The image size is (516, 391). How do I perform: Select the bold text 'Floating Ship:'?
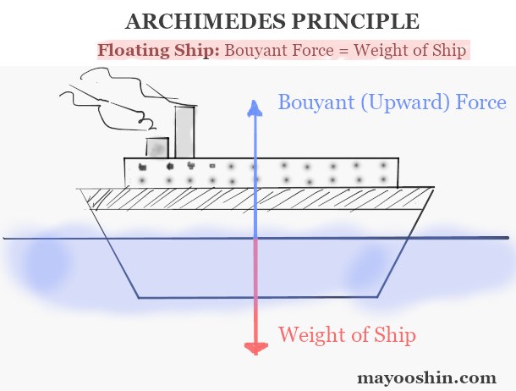(x=158, y=50)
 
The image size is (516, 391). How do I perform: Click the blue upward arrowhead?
(x=252, y=106)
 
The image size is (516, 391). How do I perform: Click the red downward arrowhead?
(x=252, y=347)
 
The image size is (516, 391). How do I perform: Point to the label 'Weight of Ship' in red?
(x=347, y=334)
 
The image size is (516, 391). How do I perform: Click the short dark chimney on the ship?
(x=157, y=148)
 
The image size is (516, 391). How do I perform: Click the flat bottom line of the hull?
(x=254, y=297)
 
